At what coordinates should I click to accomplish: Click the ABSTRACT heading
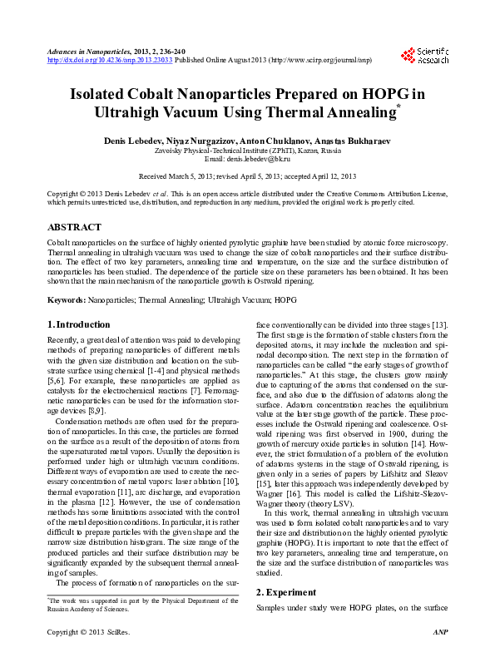coord(75,227)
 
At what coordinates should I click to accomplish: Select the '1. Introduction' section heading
coord(79,324)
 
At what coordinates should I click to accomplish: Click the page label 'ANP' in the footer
coord(441,656)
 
